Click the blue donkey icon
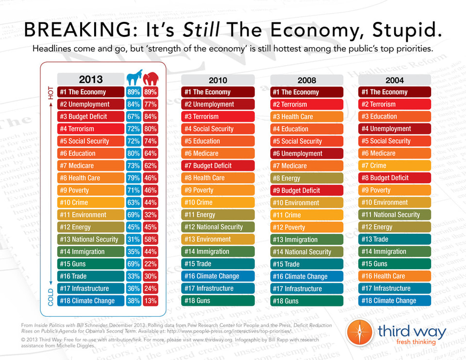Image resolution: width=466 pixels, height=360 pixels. [x=133, y=79]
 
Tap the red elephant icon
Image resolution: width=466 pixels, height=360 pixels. [x=150, y=79]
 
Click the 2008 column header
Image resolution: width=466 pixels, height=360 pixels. [x=306, y=80]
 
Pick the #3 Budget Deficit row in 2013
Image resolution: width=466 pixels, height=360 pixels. [x=90, y=117]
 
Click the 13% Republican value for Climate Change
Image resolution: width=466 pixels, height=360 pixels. [x=150, y=301]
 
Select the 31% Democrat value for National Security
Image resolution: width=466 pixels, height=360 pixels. [x=133, y=240]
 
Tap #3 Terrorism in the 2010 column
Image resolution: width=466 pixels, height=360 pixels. [x=218, y=117]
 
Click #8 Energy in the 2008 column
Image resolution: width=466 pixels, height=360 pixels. [x=306, y=178]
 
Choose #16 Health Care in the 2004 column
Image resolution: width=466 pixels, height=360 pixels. [x=395, y=276]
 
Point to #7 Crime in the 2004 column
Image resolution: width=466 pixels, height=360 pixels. [x=395, y=166]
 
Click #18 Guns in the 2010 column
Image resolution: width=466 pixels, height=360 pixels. [x=218, y=301]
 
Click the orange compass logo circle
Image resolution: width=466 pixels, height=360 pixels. [x=360, y=334]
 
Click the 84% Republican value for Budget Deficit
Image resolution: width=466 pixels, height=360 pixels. [x=150, y=117]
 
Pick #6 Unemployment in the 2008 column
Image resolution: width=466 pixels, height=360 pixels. [x=306, y=154]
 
